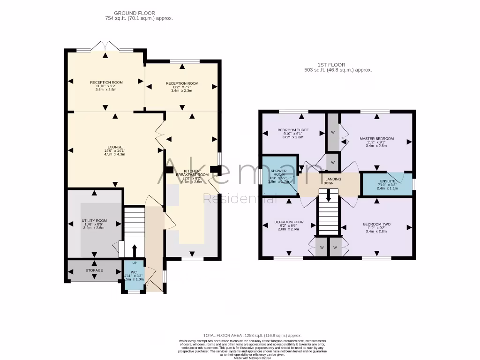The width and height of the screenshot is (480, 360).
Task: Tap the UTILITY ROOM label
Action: pos(94,220)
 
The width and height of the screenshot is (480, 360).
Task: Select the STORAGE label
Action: pos(94,270)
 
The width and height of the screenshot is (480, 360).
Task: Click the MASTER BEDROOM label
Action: pos(376,139)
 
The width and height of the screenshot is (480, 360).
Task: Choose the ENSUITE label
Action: pos(387,180)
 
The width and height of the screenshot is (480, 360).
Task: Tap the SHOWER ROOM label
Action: pos(279,172)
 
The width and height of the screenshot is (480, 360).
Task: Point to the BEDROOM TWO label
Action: pos(376,224)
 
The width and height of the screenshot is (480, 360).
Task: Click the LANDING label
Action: pos(333,179)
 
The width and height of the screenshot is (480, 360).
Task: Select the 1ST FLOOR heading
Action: pos(331,65)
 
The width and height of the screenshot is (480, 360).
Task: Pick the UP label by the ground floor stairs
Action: pos(134,262)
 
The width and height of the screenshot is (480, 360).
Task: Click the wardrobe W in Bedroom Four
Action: pos(322,247)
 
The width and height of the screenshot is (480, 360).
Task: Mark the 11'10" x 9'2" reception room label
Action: pos(106,82)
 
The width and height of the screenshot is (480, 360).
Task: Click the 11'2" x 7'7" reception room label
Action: pos(182,83)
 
